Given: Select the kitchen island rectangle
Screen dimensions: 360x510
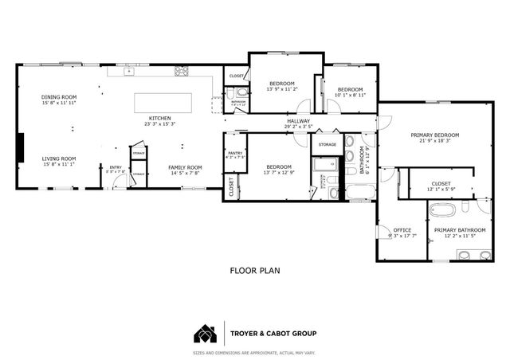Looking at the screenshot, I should [162, 103].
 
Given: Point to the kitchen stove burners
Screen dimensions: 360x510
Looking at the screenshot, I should [181, 72].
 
